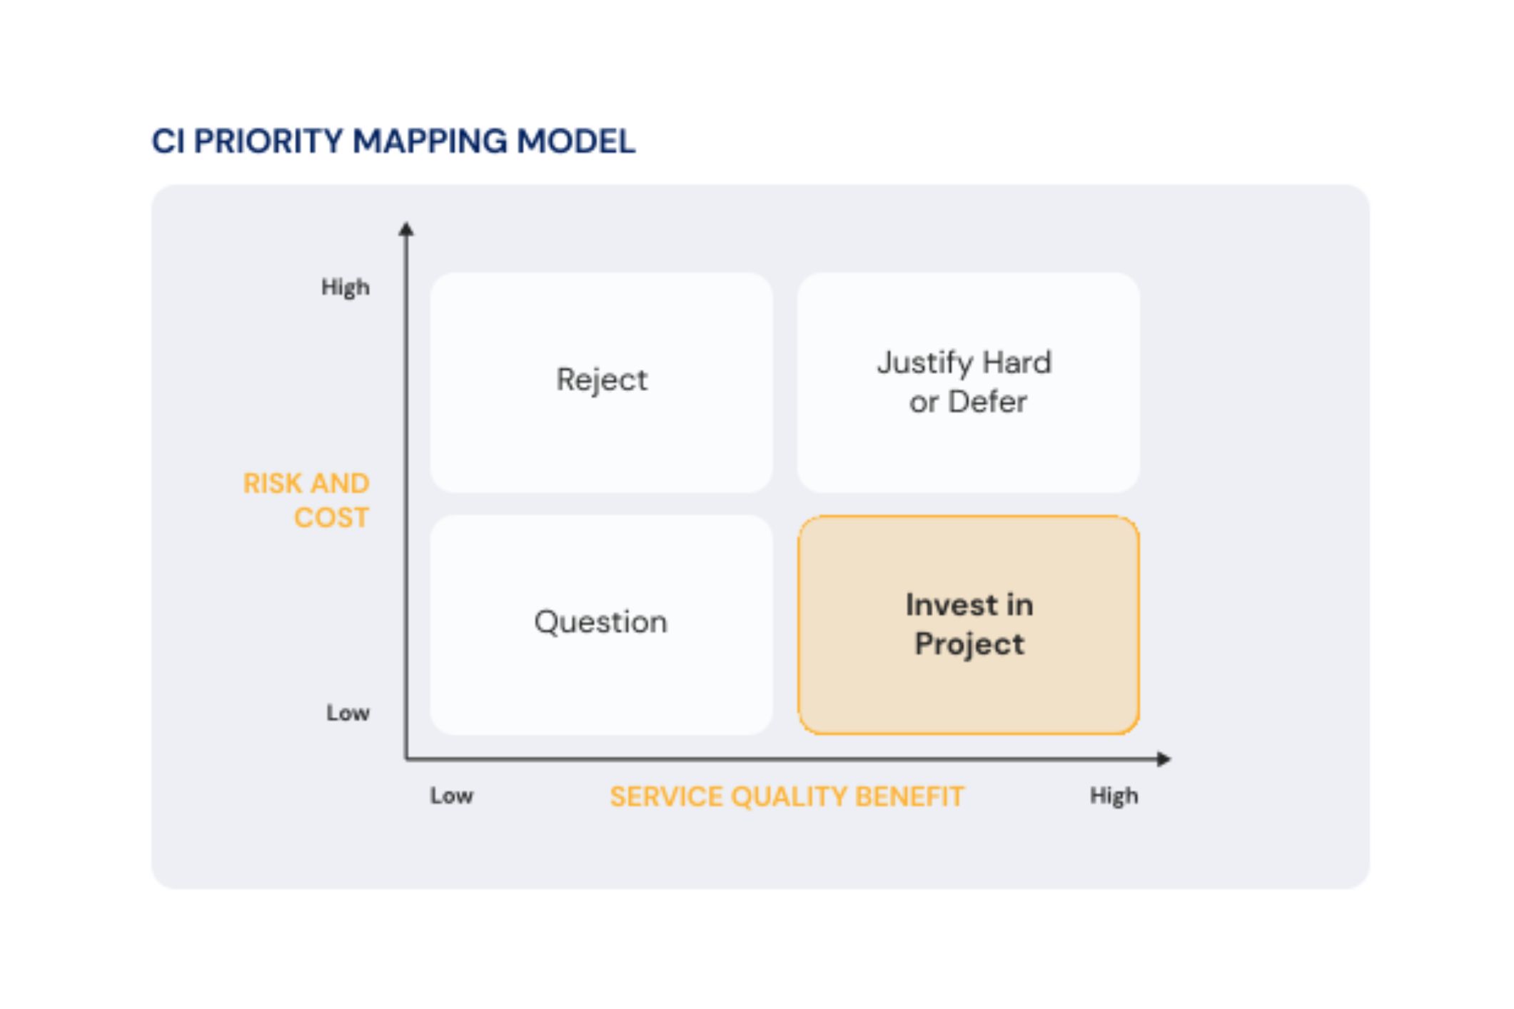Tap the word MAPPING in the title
pos(430,141)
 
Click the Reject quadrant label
pos(602,380)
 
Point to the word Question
pos(600,622)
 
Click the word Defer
pos(987,402)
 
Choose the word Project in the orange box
pos(969,644)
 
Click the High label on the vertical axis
pos(345,288)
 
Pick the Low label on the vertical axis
pos(348,713)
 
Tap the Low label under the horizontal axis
pos(451,796)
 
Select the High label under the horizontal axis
pos(1114,796)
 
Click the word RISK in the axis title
pos(272,484)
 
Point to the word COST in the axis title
pos(331,518)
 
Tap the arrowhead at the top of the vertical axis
pos(406,229)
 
